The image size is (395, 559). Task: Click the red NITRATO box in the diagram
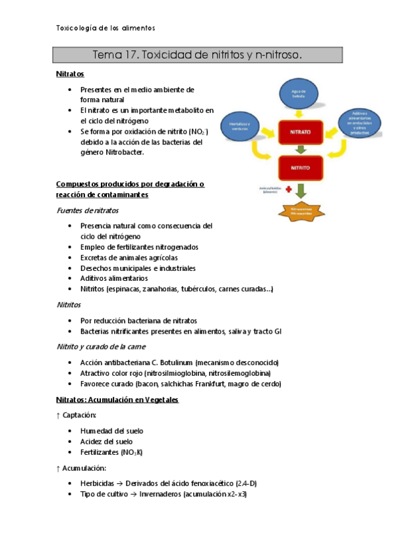pyautogui.click(x=300, y=132)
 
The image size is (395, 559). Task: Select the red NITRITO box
pyautogui.click(x=300, y=167)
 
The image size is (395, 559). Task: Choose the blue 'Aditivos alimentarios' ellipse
pyautogui.click(x=359, y=122)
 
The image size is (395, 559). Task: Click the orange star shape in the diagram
pyautogui.click(x=300, y=212)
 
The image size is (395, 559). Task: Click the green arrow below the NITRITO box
pyautogui.click(x=300, y=191)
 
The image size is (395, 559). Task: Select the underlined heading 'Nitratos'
pyautogui.click(x=70, y=75)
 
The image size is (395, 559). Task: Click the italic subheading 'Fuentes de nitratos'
pyautogui.click(x=88, y=210)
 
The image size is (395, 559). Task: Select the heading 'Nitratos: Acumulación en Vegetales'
pyautogui.click(x=117, y=399)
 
